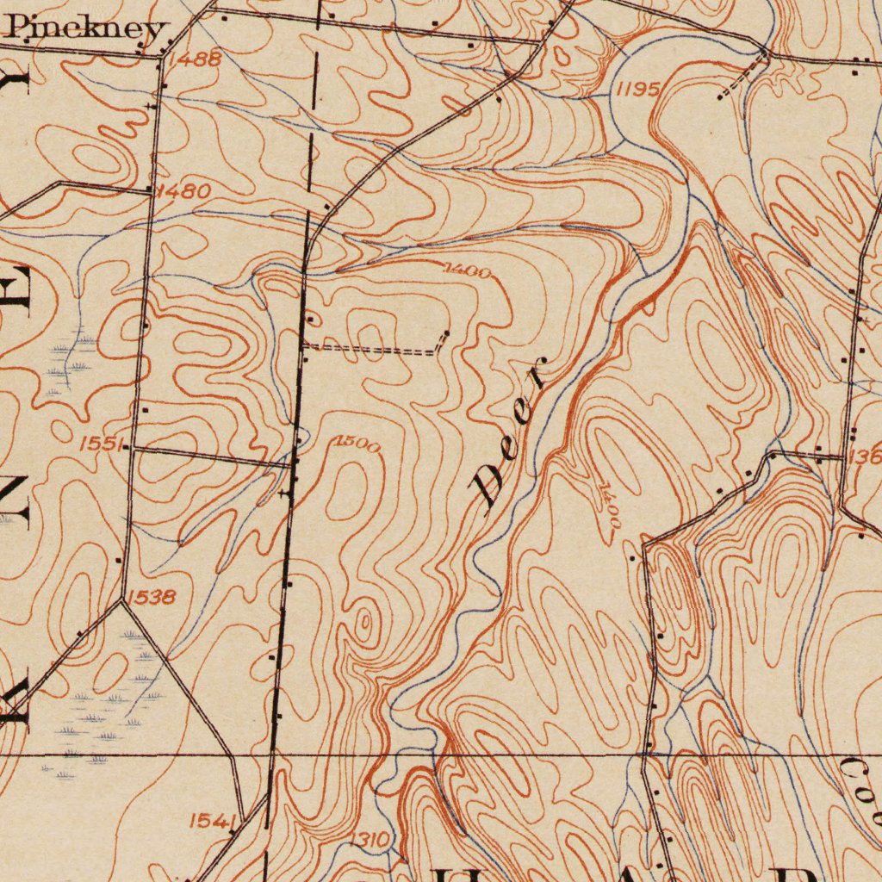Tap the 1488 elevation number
[195, 59]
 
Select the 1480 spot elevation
[184, 191]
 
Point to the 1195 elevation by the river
[638, 90]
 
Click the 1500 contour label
[357, 444]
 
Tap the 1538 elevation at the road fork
[152, 596]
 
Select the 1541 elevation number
[208, 821]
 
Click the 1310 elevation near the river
[371, 840]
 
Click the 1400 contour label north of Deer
[468, 272]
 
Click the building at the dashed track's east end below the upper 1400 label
[446, 333]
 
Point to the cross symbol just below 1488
[152, 105]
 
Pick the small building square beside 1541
[233, 830]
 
